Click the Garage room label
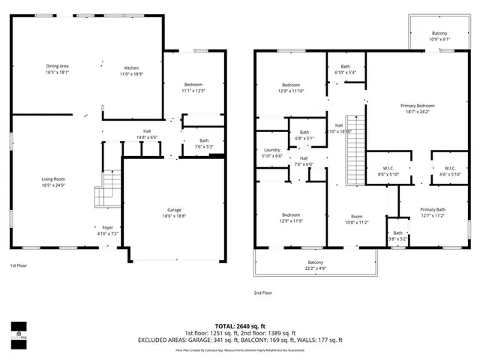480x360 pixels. click(174, 213)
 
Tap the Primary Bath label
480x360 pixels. click(433, 212)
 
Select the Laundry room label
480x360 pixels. click(271, 153)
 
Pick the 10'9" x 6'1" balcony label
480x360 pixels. click(439, 36)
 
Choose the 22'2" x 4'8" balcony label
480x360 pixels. click(314, 265)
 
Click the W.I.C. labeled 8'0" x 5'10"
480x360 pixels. click(388, 172)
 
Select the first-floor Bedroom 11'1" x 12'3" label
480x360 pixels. click(193, 88)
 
